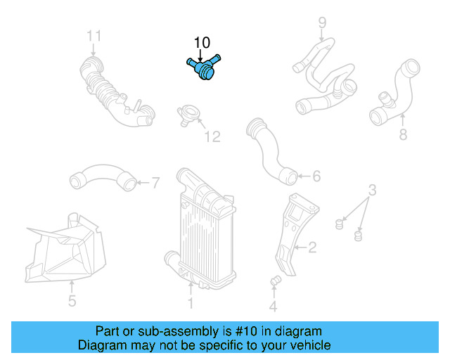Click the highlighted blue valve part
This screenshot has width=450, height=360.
click(202, 68)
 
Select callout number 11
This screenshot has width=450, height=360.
click(94, 36)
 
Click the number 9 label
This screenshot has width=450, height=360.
click(322, 22)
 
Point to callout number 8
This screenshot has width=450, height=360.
click(403, 133)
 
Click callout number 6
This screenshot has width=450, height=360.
click(316, 176)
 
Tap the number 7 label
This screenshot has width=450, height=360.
click(155, 183)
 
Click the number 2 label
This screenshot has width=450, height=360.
click(312, 247)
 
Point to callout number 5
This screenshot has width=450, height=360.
click(72, 303)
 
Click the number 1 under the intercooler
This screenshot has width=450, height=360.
click(190, 304)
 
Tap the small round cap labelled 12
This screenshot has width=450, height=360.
click(189, 115)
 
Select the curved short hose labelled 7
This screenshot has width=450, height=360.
click(102, 177)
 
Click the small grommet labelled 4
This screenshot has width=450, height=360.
click(276, 282)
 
